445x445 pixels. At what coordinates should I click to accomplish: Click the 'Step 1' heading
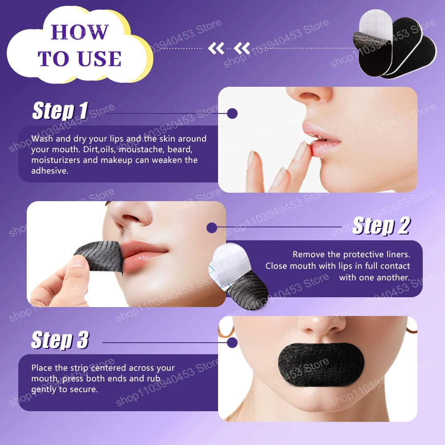tap(60, 111)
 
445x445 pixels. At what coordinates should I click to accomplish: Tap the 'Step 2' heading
tap(380, 226)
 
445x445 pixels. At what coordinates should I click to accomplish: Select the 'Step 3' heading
tap(60, 340)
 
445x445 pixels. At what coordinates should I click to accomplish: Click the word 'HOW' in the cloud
tap(80, 32)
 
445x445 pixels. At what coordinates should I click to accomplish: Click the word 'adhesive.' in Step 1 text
tap(50, 171)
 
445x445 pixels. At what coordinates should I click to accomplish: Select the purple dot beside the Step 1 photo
tap(232, 113)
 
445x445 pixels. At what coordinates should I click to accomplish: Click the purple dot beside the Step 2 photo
tap(212, 228)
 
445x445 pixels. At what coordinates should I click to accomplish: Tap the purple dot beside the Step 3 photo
tap(232, 343)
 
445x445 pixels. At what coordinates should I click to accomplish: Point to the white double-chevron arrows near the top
tap(229, 48)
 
